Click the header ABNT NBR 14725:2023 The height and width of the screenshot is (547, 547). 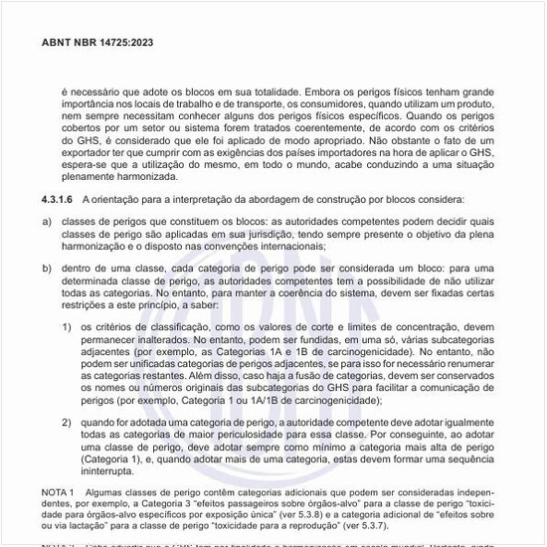tap(97, 44)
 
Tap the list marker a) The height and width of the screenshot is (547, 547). tap(46, 219)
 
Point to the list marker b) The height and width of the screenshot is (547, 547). tap(46, 269)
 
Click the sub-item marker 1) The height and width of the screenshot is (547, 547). tap(67, 326)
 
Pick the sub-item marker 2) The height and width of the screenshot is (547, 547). tap(67, 422)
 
